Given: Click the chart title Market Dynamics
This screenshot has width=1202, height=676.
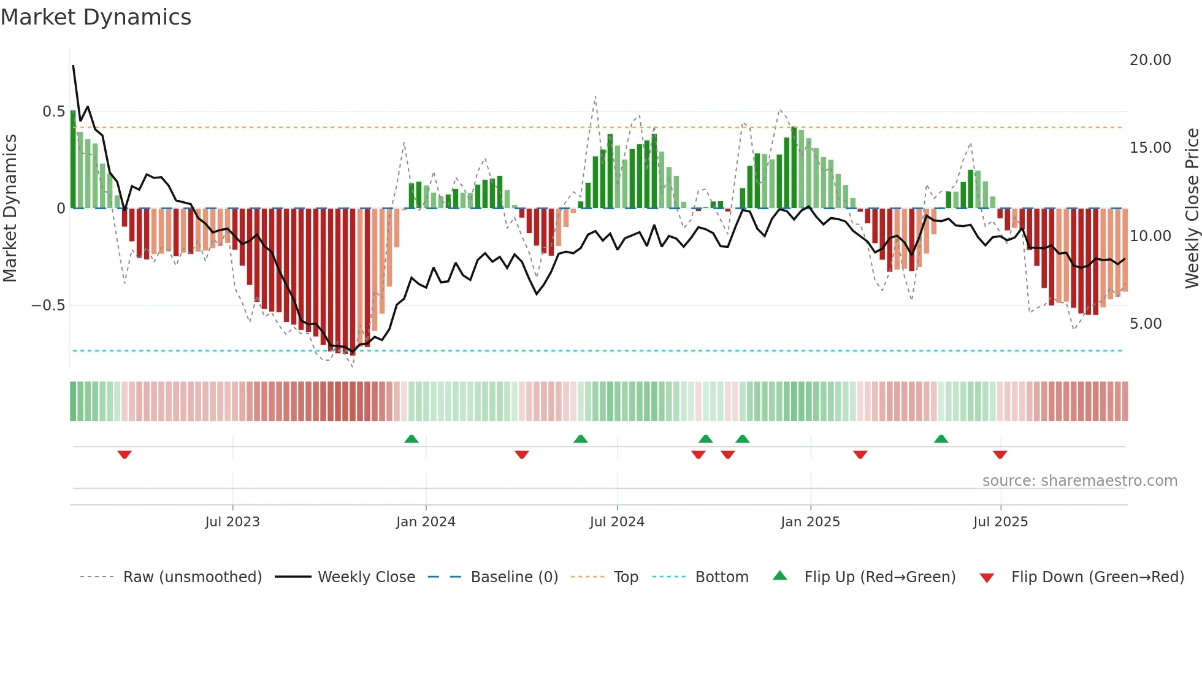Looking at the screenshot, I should [x=96, y=17].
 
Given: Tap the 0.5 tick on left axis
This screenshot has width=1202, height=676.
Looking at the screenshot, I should [x=53, y=112].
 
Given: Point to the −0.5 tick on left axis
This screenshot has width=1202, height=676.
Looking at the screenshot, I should [x=48, y=305].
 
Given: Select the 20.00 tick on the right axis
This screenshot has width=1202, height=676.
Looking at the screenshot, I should [x=1150, y=60].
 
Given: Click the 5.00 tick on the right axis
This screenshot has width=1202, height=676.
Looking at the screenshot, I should [x=1145, y=324].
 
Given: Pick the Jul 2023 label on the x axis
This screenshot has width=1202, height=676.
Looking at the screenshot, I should [x=232, y=522].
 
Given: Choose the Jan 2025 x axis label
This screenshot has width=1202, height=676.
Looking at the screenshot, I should [x=810, y=522].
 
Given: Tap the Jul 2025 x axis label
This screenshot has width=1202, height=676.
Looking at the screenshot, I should [x=1000, y=522].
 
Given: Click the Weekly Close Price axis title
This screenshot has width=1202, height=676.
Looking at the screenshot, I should [x=1192, y=208].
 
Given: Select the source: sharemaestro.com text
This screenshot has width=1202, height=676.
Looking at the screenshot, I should [x=1079, y=481].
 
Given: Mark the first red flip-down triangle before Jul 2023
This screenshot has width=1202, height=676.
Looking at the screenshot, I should [x=124, y=455].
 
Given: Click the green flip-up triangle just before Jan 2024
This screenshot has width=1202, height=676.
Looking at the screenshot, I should [x=412, y=439].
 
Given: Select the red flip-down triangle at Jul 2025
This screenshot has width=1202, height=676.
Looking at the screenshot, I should [x=1000, y=455].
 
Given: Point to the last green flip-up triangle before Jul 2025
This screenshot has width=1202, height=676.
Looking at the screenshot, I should [x=941, y=439].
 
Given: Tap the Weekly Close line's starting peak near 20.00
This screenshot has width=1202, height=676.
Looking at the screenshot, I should [x=74, y=66].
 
